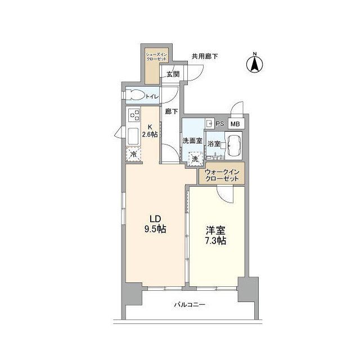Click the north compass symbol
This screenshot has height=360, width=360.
(254, 62)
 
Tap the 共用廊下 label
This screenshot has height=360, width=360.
(205, 56)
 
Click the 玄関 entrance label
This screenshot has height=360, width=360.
(173, 74)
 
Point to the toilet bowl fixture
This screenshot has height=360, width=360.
(135, 96)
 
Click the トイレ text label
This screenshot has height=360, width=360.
(152, 97)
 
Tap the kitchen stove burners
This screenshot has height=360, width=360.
(134, 115)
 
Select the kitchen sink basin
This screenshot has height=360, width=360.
(134, 136)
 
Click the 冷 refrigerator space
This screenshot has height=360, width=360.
(134, 154)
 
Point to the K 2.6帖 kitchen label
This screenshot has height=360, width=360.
(149, 130)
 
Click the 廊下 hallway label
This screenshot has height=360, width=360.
(171, 111)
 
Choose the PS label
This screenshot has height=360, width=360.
(220, 124)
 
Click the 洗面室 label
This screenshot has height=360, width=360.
(192, 141)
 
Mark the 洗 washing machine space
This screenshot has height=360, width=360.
(194, 159)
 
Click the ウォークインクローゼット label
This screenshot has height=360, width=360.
(221, 175)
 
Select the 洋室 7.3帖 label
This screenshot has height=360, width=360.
(216, 235)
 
